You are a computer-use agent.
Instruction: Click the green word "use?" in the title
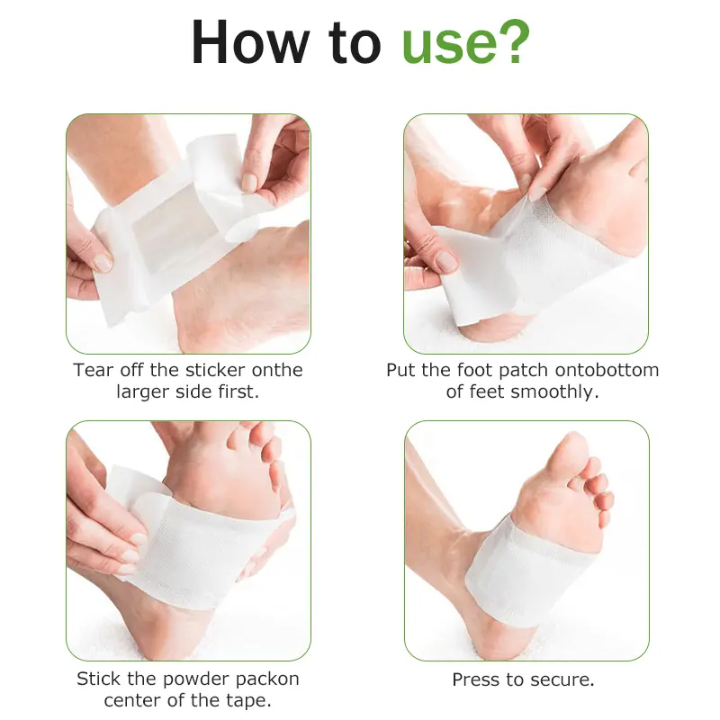click(465, 42)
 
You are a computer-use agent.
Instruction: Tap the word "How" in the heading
click(251, 41)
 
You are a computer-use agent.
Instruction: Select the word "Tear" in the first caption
click(92, 370)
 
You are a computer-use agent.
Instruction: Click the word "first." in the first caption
click(238, 391)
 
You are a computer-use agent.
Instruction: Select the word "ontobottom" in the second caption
click(607, 370)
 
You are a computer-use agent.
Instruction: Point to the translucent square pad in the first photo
click(166, 238)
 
